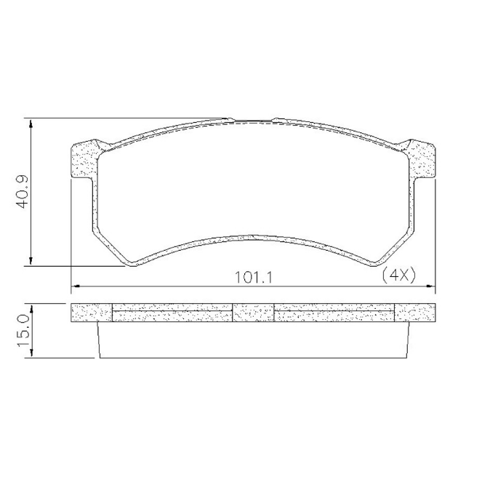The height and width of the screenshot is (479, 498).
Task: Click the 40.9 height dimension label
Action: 23,192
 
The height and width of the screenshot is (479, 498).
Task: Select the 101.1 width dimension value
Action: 254,278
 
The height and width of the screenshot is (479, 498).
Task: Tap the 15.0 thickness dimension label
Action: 25,331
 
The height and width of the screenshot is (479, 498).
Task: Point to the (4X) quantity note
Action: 399,275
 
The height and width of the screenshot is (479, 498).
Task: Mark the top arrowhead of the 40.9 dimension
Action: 31,124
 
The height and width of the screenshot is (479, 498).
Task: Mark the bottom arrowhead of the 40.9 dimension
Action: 31,260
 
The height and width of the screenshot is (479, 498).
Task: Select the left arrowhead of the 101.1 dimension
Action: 76,286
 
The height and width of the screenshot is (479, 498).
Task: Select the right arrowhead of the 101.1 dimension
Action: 430,286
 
